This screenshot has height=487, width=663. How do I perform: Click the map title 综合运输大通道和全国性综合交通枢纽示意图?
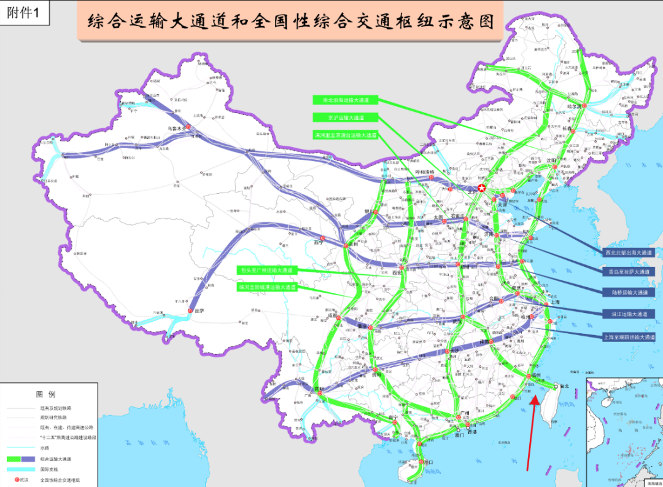[290, 23]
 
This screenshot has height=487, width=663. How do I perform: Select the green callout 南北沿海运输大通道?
[346, 100]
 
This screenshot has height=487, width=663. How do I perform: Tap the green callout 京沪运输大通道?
[346, 117]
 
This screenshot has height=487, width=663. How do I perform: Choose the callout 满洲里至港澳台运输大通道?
[346, 135]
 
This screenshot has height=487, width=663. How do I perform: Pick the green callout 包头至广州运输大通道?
[268, 270]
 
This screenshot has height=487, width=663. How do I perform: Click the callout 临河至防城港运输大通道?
[268, 287]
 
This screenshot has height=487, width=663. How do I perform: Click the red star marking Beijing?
[483, 188]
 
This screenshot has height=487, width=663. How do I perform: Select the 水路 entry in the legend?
[45, 448]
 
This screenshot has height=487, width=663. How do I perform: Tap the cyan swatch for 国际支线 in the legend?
[20, 469]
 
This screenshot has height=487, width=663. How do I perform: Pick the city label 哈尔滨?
[574, 106]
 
